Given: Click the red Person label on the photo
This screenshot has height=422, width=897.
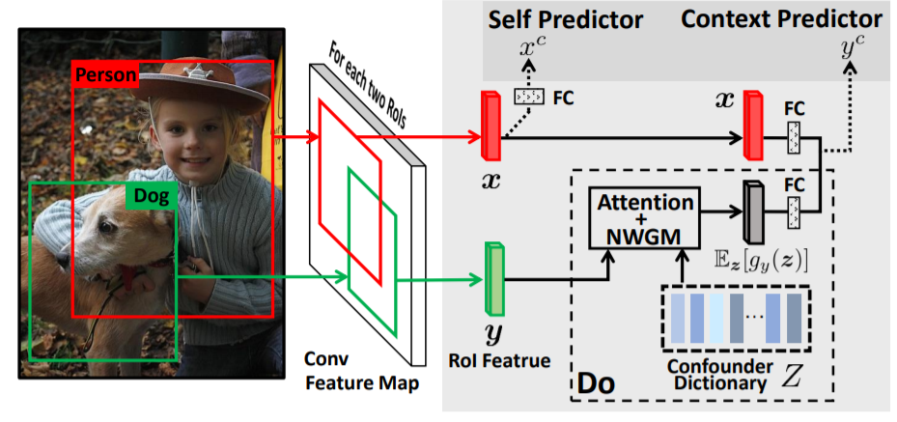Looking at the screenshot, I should [106, 74].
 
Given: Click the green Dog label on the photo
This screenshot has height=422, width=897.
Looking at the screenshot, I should [150, 197].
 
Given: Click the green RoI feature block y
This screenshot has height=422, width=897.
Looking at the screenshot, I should [494, 279].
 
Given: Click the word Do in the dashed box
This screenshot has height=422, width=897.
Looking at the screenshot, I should [594, 385].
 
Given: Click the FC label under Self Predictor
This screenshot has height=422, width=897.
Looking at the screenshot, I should [565, 98].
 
